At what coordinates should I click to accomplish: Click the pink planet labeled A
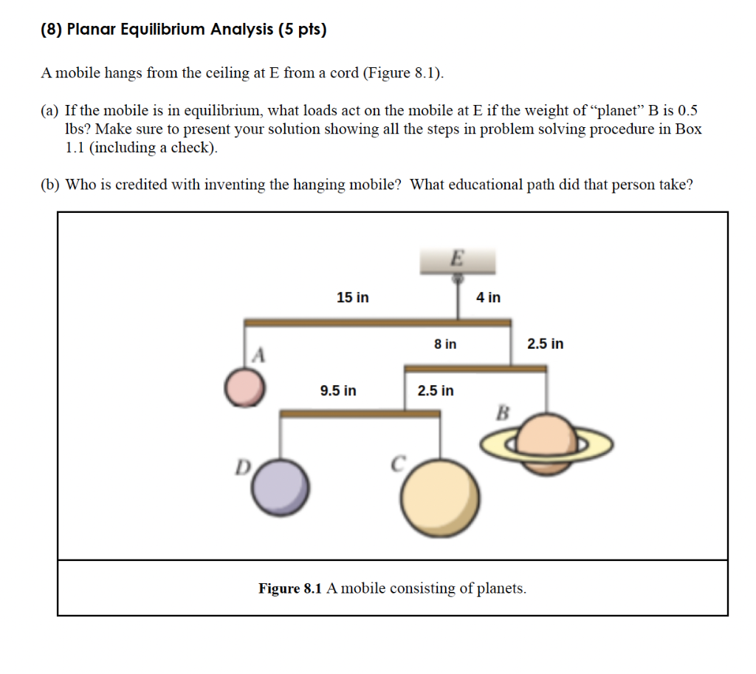tap(245, 388)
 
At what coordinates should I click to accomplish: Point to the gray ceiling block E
tap(458, 261)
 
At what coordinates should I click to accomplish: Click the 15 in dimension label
tap(353, 298)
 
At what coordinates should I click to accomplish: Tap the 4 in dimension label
tap(488, 297)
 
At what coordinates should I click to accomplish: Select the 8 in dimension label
tap(445, 344)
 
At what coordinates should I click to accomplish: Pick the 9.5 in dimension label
tap(338, 390)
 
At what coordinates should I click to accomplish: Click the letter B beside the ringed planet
tap(503, 412)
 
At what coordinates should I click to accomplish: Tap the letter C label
tap(397, 464)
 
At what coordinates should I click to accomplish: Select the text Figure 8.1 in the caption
tap(290, 589)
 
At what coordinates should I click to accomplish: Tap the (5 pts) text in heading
tap(302, 30)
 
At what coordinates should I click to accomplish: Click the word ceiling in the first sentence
tap(227, 73)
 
